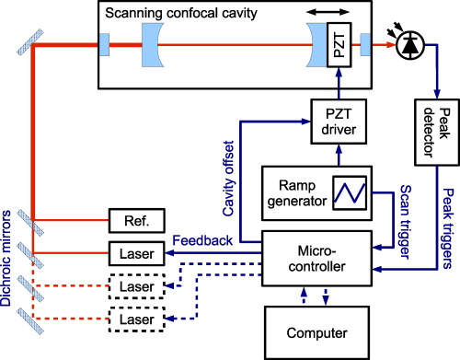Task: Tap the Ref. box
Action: click(x=129, y=221)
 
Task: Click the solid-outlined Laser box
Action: click(x=129, y=252)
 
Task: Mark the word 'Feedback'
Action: click(x=201, y=240)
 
